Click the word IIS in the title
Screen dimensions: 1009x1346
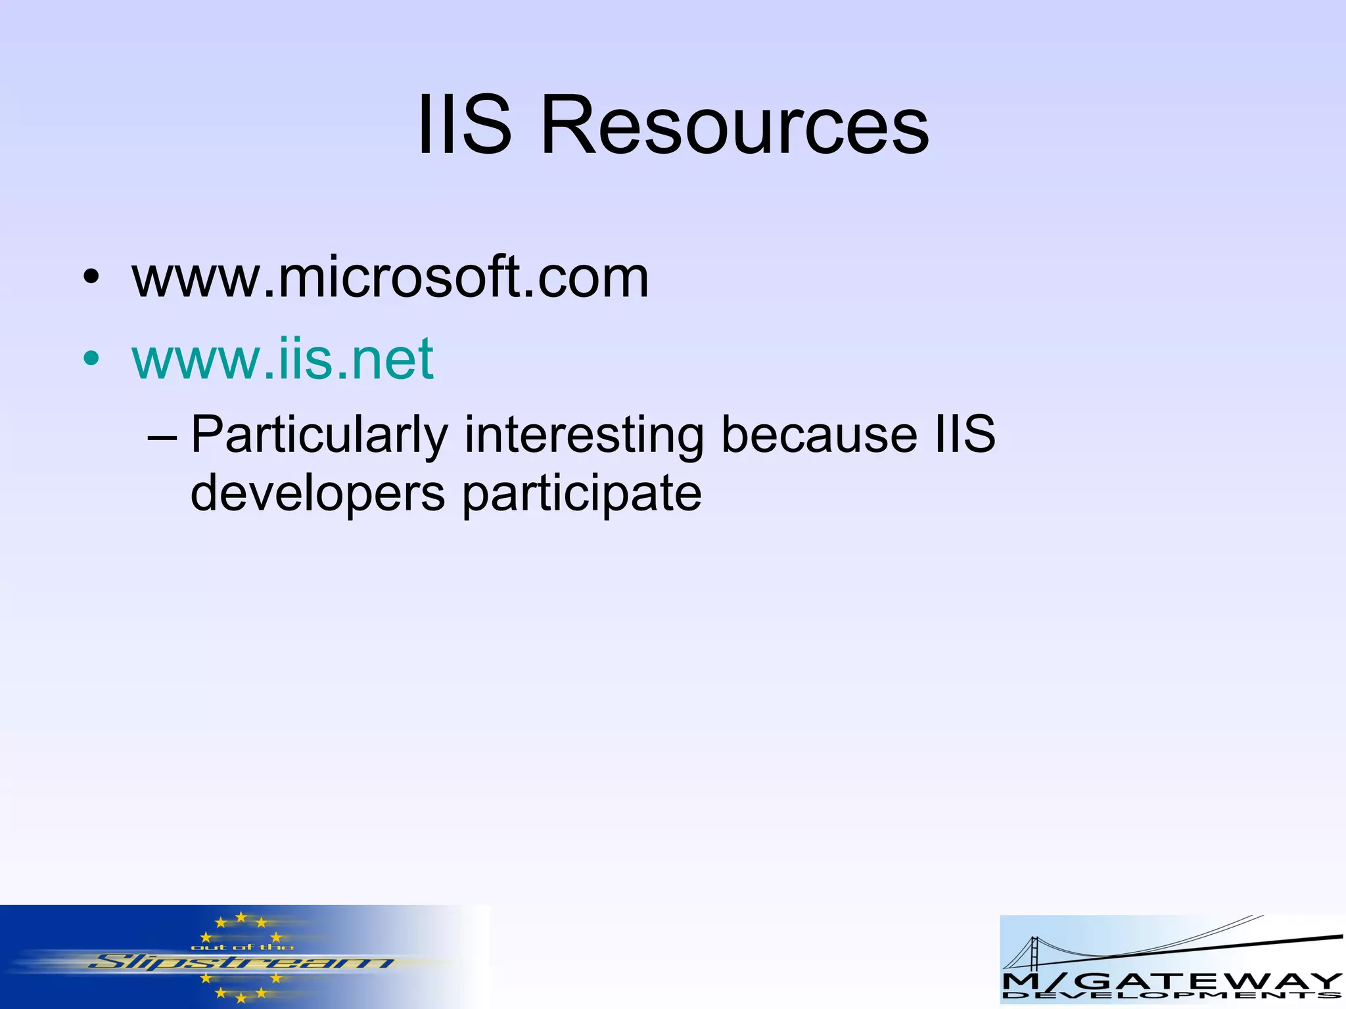click(464, 125)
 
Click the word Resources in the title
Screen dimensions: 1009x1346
click(734, 125)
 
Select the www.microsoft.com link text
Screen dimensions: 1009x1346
click(390, 277)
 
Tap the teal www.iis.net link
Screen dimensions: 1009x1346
click(283, 359)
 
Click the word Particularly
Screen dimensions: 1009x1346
click(319, 435)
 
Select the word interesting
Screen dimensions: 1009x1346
click(584, 435)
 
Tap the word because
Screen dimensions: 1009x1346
click(819, 435)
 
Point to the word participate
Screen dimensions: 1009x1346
click(582, 494)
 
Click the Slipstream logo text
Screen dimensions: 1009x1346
click(241, 963)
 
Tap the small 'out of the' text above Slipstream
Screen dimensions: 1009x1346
click(242, 947)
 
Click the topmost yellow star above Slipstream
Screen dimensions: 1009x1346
click(241, 916)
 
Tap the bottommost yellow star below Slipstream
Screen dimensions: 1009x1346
click(241, 998)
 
